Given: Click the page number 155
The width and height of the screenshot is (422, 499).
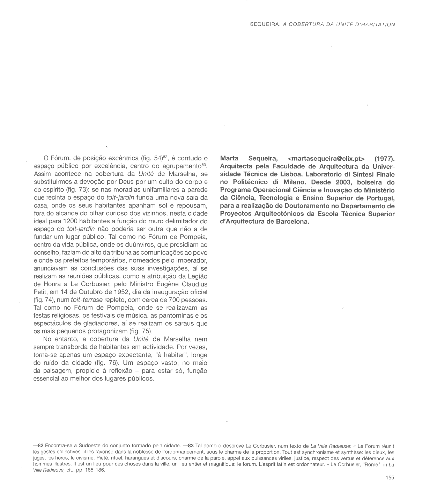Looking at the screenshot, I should (x=390, y=478).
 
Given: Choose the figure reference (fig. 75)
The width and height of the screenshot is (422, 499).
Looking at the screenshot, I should (x=141, y=331).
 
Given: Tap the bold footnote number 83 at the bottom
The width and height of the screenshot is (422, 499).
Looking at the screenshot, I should (x=190, y=446).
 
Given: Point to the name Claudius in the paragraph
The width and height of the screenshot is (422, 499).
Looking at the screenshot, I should (x=194, y=284).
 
